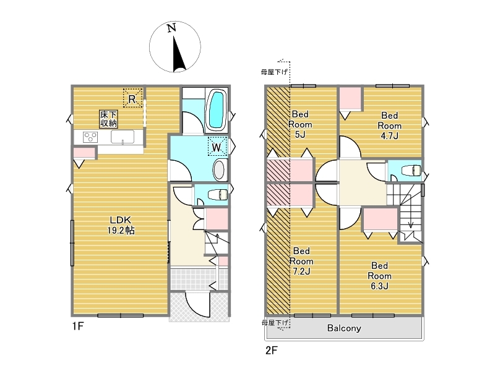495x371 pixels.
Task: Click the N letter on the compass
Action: click(171, 28)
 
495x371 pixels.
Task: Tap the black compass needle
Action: click(178, 54)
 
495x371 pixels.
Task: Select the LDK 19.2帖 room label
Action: click(121, 225)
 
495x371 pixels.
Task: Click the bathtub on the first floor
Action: click(217, 109)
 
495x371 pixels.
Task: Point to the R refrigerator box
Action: click(132, 98)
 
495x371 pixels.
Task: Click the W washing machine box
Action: click(217, 147)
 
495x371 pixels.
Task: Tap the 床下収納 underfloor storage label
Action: click(109, 119)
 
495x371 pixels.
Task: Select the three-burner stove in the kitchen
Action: click(90, 137)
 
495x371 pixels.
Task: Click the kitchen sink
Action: click(123, 137)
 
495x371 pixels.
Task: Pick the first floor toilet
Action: click(218, 194)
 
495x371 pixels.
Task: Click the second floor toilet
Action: click(411, 171)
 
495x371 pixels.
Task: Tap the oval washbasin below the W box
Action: click(219, 170)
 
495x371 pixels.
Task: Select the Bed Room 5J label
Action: click(300, 124)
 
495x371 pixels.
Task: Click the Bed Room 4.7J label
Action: click(390, 126)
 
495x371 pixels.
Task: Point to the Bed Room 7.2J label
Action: click(301, 261)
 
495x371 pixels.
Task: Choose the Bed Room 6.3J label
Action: click(379, 276)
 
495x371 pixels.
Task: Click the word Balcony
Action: click(344, 328)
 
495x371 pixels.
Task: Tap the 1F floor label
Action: click(78, 326)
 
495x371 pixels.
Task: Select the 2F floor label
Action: click(271, 350)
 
